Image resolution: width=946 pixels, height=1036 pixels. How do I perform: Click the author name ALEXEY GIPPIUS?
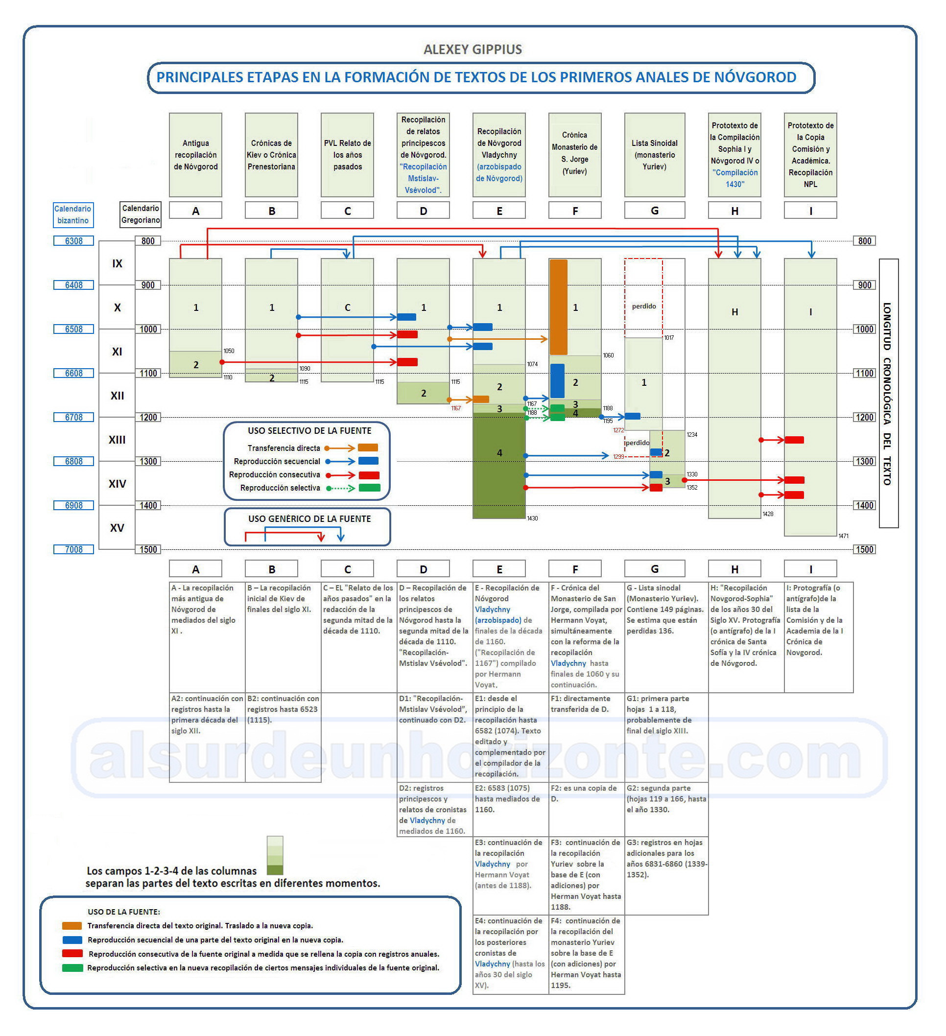[472, 49]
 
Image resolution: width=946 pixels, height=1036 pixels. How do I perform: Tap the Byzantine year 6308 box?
[73, 241]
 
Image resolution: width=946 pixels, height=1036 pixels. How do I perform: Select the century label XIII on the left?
[117, 440]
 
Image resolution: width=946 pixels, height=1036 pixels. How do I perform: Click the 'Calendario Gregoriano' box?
[140, 214]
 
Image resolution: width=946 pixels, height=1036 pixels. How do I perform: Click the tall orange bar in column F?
[559, 307]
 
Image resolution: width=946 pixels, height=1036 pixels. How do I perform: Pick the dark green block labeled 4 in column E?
[499, 465]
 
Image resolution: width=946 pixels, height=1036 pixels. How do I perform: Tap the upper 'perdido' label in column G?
[644, 306]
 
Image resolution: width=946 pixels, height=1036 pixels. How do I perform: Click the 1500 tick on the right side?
[864, 549]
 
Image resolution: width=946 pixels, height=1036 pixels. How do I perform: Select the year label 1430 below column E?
[532, 518]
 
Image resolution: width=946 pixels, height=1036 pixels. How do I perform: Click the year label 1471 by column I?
[844, 536]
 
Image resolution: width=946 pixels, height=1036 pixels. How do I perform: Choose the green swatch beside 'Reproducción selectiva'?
[370, 488]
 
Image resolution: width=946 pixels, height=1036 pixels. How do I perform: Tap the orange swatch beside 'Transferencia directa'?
[368, 447]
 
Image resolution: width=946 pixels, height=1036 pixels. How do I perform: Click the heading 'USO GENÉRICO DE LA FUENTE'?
[309, 519]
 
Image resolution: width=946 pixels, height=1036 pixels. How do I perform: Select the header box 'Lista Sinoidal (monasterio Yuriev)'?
[654, 155]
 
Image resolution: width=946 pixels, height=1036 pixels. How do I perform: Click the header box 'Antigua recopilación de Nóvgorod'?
[195, 155]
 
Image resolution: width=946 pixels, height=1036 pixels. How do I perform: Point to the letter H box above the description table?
[734, 569]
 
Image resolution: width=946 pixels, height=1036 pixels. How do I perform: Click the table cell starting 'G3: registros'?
[666, 875]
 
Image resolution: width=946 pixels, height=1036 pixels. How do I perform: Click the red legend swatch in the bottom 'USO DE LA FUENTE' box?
[72, 953]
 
